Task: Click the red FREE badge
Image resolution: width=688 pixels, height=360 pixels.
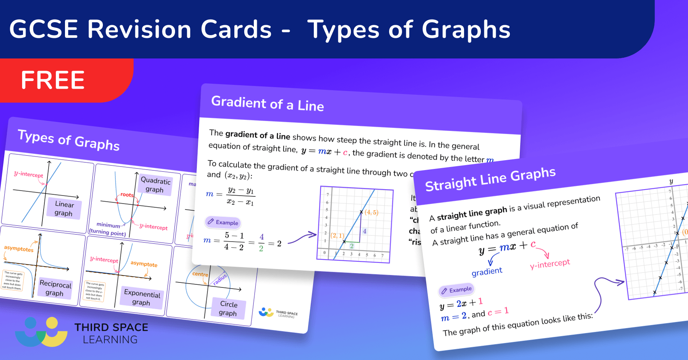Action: click(54, 80)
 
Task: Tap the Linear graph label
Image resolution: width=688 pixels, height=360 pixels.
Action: click(64, 209)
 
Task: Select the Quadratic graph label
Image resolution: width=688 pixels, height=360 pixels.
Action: click(155, 185)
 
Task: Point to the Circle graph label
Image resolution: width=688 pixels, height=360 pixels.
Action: click(228, 309)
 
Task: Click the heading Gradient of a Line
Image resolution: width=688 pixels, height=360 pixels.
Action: click(267, 104)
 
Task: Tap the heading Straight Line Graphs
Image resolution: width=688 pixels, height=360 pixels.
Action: click(490, 179)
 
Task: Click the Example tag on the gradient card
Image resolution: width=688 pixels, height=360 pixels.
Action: click(223, 222)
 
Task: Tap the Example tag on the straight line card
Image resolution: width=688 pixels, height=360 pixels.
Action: click(456, 290)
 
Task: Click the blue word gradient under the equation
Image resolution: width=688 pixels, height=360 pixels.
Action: click(487, 272)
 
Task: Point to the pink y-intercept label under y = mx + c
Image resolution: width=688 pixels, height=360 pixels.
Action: click(550, 264)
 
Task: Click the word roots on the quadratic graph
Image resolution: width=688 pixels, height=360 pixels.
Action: click(127, 195)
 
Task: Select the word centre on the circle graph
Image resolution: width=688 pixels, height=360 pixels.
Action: click(200, 274)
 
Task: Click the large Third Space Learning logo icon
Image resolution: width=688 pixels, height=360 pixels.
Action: click(41, 332)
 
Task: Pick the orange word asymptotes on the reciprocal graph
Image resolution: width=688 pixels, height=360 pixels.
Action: click(19, 249)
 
